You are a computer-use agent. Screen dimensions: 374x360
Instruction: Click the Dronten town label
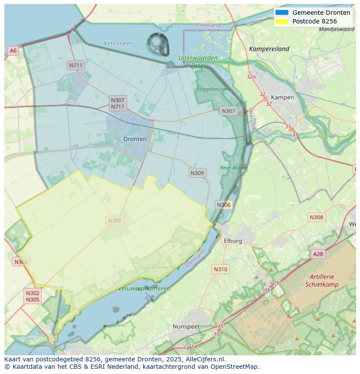tap(135, 139)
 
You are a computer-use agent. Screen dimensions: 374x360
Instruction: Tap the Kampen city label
tap(282, 97)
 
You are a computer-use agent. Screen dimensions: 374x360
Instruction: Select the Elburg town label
tap(233, 241)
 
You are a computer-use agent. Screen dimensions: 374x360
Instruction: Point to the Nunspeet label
tap(186, 326)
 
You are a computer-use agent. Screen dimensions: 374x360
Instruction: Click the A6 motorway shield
tap(13, 51)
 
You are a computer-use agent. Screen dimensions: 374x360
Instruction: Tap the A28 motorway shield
tap(318, 254)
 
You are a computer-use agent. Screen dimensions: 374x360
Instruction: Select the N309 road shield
tap(197, 173)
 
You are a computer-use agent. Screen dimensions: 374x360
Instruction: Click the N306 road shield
tap(223, 205)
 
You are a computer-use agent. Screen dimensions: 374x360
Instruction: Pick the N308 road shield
tap(316, 217)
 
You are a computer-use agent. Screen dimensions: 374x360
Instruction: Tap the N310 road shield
tap(220, 269)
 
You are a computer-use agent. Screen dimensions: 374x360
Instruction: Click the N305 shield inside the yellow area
tap(115, 221)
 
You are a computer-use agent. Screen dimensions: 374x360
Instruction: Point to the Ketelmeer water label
tap(118, 43)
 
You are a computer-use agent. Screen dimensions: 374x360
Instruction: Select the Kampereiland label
tap(269, 49)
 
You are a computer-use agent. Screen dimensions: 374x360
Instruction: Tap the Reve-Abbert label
tap(233, 167)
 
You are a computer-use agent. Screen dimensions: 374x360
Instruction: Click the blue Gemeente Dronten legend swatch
tap(281, 13)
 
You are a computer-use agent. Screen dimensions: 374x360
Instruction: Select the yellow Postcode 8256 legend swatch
tap(281, 21)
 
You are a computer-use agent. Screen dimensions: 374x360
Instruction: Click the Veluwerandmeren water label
tap(144, 288)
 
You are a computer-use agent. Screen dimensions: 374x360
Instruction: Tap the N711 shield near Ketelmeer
tap(75, 66)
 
